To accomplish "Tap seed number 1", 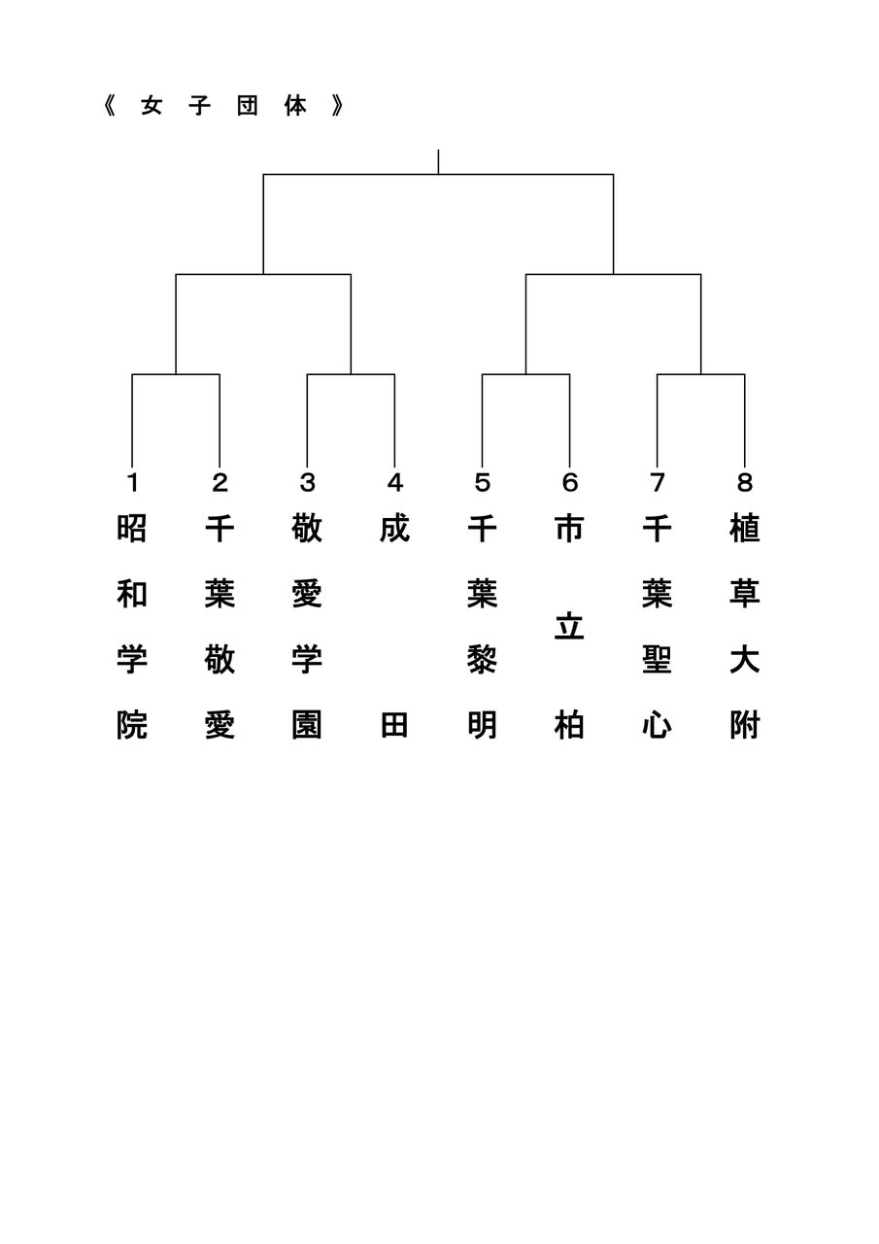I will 132,482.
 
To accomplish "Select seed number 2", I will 220,482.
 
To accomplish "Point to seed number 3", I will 307,482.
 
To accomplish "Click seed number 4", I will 394,482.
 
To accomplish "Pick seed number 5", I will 482,482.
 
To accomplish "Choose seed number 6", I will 569,482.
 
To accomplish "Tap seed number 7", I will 657,482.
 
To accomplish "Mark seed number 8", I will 744,482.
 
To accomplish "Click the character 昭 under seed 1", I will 132,529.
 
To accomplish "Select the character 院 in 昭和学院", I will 132,725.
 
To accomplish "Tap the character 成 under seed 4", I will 394,529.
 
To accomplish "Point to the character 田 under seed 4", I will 394,725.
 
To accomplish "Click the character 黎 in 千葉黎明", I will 482,660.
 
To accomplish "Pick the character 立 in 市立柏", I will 569,627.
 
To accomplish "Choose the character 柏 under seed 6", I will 569,725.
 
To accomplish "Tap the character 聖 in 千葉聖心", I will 657,660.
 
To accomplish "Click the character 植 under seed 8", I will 744,529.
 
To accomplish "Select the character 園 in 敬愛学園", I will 307,725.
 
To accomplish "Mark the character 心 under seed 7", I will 657,725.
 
